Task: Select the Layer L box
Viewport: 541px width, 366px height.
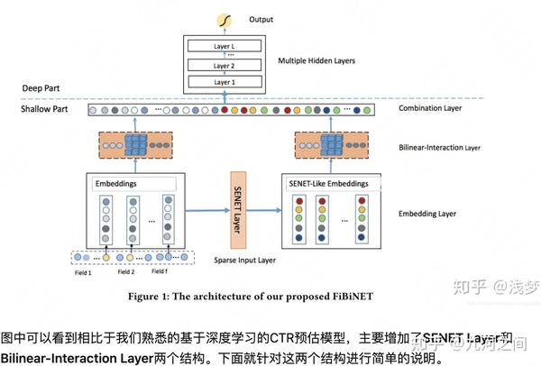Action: (x=222, y=45)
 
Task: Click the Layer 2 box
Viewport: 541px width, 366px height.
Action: (x=222, y=65)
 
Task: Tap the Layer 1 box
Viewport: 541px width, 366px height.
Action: (x=222, y=82)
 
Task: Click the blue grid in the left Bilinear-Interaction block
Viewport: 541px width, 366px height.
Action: (x=137, y=145)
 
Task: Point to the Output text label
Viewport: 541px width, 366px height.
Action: (x=263, y=18)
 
